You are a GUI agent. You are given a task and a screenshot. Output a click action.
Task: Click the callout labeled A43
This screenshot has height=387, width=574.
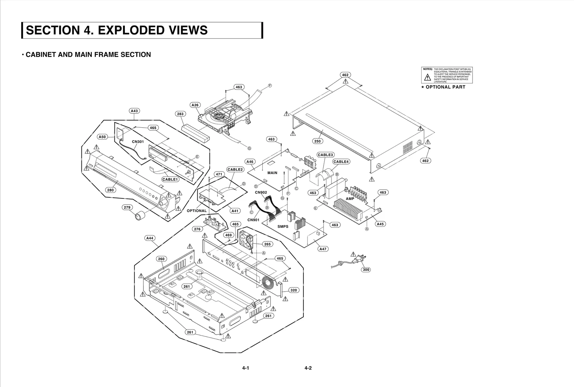pos(134,111)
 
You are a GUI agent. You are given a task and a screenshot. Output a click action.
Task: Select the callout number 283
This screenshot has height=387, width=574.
pos(180,114)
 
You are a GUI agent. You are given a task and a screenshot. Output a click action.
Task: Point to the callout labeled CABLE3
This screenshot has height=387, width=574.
pos(325,155)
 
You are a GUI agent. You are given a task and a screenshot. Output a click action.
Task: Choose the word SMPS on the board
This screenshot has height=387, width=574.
pos(283,227)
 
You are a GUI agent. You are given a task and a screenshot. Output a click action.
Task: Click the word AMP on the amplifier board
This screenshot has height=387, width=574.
pos(350,199)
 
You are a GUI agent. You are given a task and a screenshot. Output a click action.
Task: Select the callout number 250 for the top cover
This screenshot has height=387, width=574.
pos(317,141)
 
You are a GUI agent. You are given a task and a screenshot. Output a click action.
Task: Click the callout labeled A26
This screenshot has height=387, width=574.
pos(195,105)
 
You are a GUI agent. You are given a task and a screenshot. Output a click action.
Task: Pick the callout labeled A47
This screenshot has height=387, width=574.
pos(323,249)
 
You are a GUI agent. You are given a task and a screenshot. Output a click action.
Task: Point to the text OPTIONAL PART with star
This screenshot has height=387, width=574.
pos(445,87)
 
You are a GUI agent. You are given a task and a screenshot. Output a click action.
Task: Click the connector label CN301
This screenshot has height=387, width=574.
pos(138,142)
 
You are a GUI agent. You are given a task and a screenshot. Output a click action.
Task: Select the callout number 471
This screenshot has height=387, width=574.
pos(219,174)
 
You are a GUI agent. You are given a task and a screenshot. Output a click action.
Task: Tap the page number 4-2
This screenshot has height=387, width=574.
pos(308,368)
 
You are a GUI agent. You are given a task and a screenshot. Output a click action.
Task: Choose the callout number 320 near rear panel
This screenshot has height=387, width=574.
pos(294,290)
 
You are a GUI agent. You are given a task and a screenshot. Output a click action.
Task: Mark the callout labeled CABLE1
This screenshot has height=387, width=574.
pos(170,179)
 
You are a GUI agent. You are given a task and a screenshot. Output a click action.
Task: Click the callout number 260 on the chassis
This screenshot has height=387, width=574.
pos(161,259)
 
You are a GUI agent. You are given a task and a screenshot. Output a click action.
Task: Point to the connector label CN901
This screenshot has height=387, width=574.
pos(253,220)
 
